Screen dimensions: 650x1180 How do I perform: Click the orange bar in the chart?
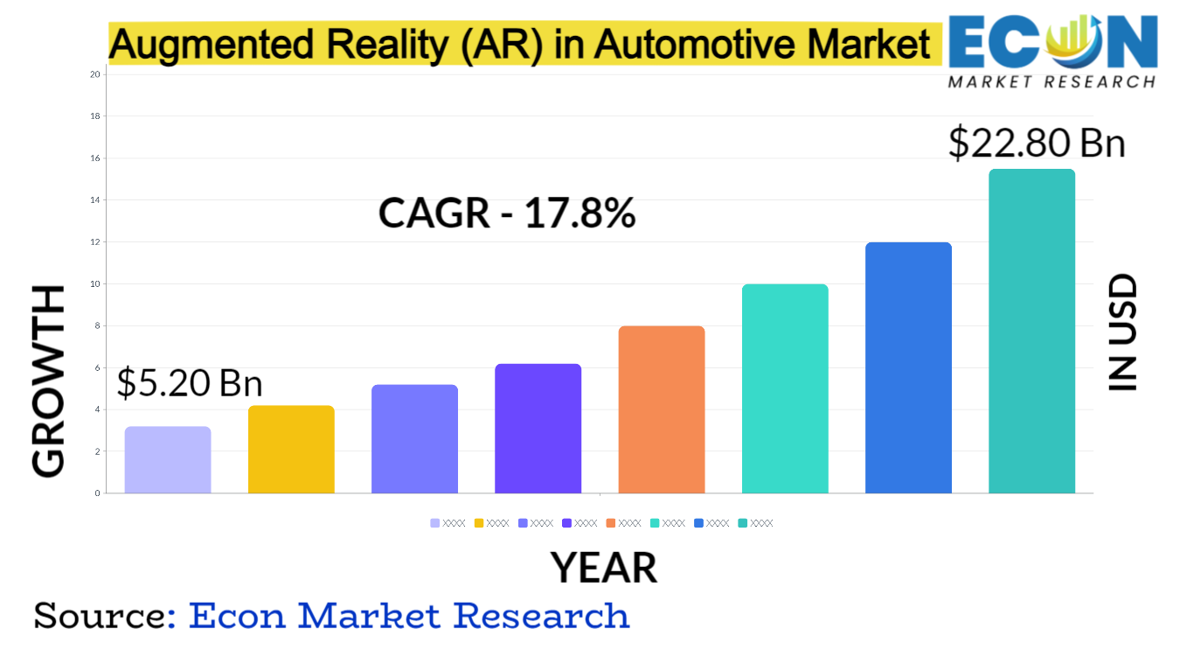661,409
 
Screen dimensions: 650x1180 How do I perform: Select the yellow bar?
291,450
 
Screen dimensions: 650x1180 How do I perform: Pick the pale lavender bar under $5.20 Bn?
168,460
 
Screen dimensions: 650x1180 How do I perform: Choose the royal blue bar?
908,367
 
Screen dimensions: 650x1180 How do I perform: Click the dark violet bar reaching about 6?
538,429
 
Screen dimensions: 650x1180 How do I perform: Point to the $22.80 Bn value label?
1037,143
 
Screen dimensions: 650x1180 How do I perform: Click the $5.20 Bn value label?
190,382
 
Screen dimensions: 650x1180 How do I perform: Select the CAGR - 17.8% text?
506,213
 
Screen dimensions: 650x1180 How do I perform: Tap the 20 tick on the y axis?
96,74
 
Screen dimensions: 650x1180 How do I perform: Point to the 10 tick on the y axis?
96,284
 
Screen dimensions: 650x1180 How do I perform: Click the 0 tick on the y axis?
97,493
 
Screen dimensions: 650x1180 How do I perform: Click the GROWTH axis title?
50,381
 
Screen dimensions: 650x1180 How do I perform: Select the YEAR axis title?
603,568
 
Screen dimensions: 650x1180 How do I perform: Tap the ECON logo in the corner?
1052,50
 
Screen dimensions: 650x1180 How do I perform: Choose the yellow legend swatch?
479,523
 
